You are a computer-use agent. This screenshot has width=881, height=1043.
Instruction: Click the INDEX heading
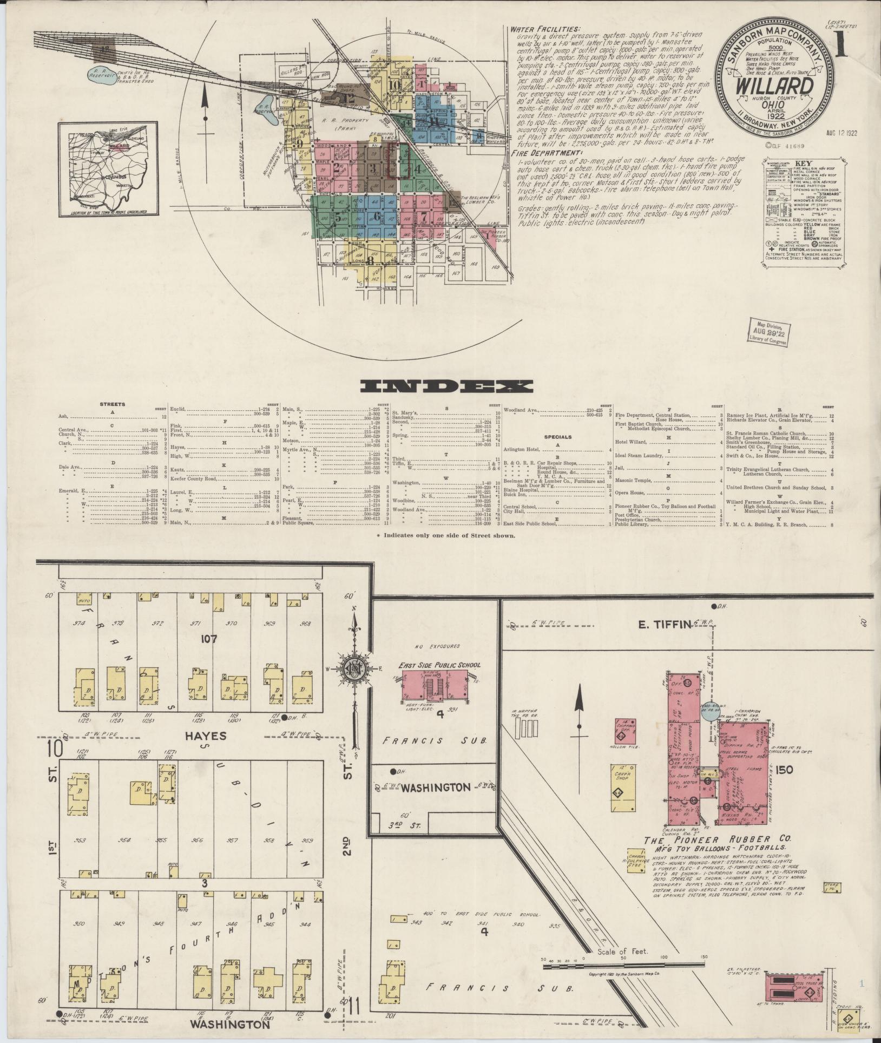coord(447,386)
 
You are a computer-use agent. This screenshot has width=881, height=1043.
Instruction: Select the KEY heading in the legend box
coord(803,163)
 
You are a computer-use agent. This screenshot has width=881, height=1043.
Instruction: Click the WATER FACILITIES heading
coord(546,29)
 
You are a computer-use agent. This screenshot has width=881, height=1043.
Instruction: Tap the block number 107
coord(209,639)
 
